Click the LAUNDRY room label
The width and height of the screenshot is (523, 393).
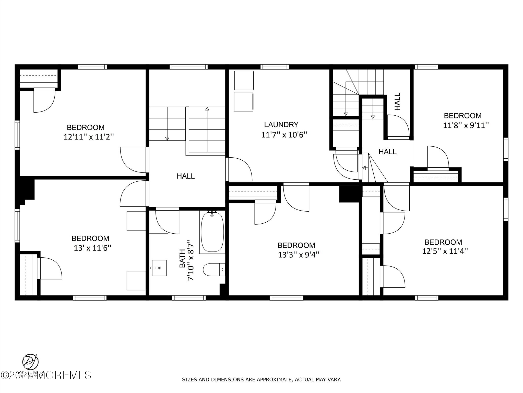click(281, 125)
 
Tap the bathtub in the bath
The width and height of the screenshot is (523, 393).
click(212, 233)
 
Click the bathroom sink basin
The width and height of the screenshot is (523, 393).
click(159, 268)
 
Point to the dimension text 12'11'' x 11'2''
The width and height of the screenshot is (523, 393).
click(88, 137)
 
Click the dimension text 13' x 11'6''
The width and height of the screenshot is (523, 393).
click(92, 248)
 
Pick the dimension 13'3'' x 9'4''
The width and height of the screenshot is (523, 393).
click(299, 255)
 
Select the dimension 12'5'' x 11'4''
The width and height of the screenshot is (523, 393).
click(445, 251)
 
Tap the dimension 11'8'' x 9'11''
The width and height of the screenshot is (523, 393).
click(466, 126)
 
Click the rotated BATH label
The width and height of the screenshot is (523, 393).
click(182, 258)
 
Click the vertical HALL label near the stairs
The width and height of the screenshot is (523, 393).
click(398, 101)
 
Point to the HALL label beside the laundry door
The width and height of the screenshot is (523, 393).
click(387, 152)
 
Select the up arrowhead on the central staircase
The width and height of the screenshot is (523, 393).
click(207, 109)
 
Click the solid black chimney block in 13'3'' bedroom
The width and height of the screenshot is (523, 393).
click(349, 194)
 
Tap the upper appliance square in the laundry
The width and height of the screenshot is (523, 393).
click(244, 80)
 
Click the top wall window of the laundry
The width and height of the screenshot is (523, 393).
click(275, 67)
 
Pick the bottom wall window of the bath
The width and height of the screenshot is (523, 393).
click(189, 298)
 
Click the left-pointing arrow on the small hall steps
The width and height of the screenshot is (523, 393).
click(364, 168)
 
